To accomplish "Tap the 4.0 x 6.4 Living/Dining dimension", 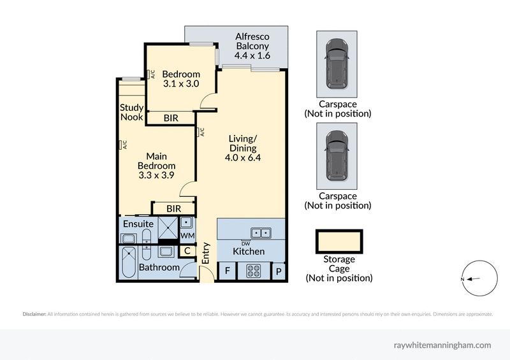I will click(243, 159).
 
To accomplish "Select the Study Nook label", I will click(131, 112).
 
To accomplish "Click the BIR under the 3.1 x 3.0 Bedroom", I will click(171, 118).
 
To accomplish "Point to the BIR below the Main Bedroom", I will click(173, 208).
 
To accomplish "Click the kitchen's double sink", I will click(260, 232).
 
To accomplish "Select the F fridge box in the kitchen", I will click(227, 271).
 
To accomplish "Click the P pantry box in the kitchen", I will click(279, 271).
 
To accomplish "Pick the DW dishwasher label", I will click(245, 242).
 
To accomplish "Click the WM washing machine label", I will click(187, 236).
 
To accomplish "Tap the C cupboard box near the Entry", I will click(187, 251).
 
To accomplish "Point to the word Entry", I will click(206, 253).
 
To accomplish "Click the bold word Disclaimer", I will click(34, 314).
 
